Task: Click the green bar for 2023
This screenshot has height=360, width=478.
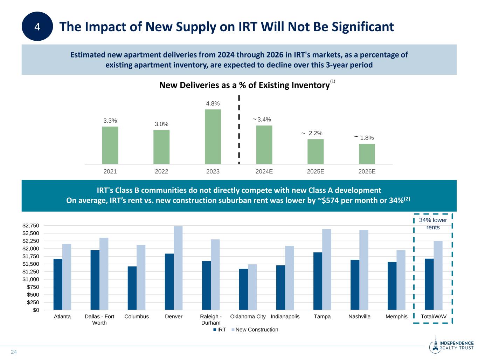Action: [213, 137]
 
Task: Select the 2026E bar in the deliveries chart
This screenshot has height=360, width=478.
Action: [367, 154]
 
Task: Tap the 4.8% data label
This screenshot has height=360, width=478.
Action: [213, 103]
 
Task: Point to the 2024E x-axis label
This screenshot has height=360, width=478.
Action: [264, 171]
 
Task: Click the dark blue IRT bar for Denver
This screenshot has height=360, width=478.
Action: [169, 281]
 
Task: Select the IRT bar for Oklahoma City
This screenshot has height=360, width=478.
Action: [243, 289]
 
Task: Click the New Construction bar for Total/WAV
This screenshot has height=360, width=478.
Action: [438, 275]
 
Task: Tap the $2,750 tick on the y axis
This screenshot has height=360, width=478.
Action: [31, 225]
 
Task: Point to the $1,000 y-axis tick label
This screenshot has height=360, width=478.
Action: [31, 279]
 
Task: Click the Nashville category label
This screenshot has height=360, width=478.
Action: [359, 317]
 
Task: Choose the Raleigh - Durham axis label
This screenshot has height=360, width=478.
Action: [211, 319]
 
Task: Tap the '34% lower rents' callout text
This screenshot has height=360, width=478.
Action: [433, 224]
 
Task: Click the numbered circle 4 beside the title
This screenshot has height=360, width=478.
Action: [37, 26]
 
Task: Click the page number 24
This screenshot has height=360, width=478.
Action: [14, 352]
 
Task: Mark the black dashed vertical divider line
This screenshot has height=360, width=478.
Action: [239, 130]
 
